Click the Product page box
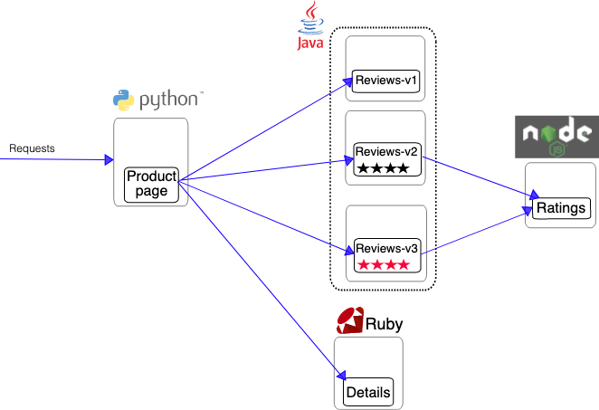click(151, 185)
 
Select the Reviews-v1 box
click(385, 81)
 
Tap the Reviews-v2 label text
click(386, 152)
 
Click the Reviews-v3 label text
click(386, 248)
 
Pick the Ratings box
click(561, 208)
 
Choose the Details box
click(368, 392)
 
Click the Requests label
click(32, 148)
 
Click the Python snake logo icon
click(123, 100)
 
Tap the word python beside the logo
click(169, 100)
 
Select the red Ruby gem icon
click(350, 320)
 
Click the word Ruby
click(384, 324)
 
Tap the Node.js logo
click(557, 137)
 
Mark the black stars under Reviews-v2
click(383, 168)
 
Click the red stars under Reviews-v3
click(384, 264)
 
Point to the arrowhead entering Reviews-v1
click(348, 81)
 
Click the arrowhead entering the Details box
click(341, 376)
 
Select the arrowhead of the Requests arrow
click(109, 159)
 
